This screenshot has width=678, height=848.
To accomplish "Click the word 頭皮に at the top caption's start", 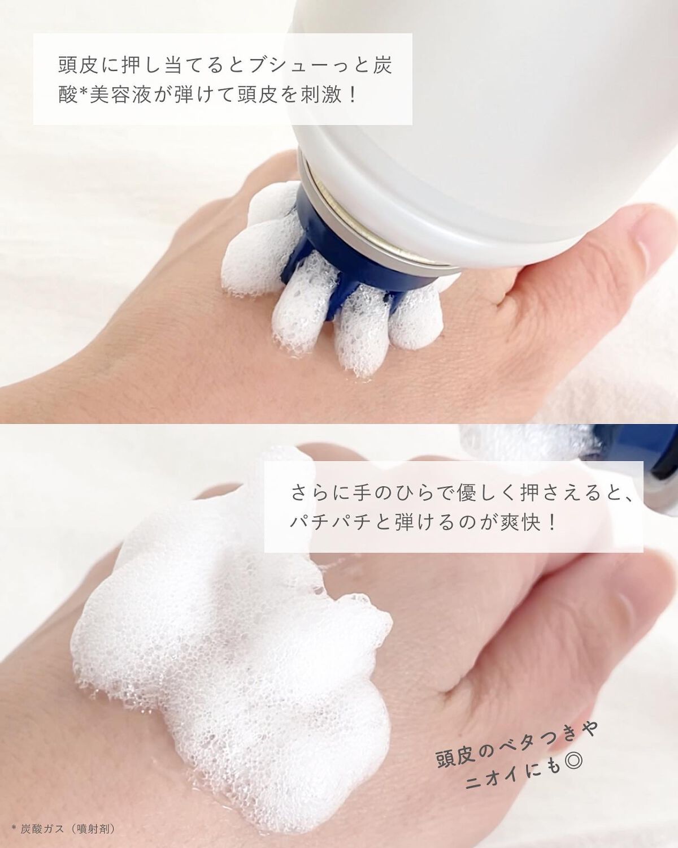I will point(91,65).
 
